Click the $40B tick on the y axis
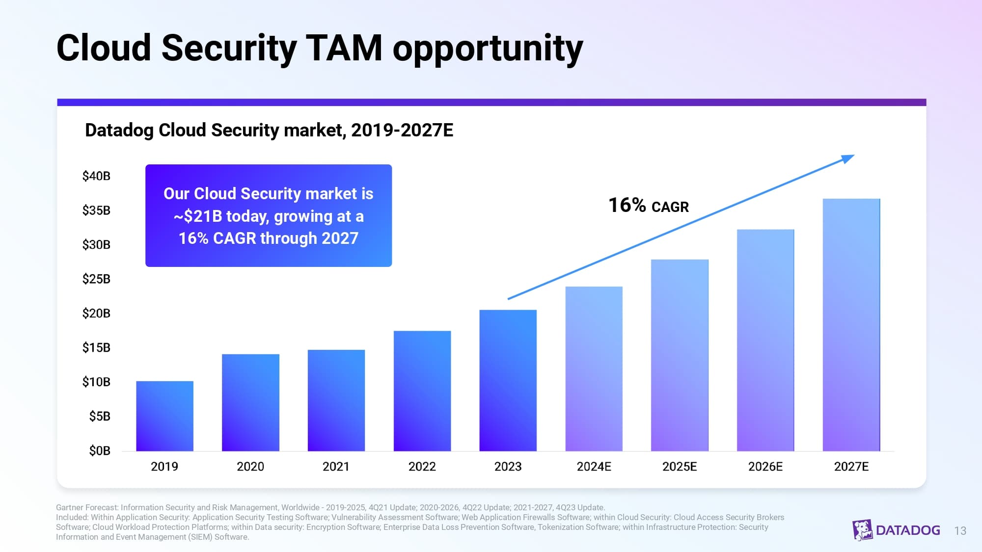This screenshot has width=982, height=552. point(96,176)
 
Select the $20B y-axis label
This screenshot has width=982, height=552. point(96,314)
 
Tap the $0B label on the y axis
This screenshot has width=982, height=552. point(100,451)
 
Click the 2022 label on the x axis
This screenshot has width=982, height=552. point(422,467)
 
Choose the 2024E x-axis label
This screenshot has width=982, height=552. point(594,467)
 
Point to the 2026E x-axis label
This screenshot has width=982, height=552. point(765,467)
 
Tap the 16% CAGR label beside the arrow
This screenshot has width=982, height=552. point(648,206)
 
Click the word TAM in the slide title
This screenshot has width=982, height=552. point(344,48)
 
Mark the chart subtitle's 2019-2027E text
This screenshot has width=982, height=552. point(402,131)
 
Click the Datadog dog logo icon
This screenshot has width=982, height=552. point(862,530)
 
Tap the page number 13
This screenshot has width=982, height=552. point(960,531)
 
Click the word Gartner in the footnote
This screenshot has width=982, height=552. point(69,508)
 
